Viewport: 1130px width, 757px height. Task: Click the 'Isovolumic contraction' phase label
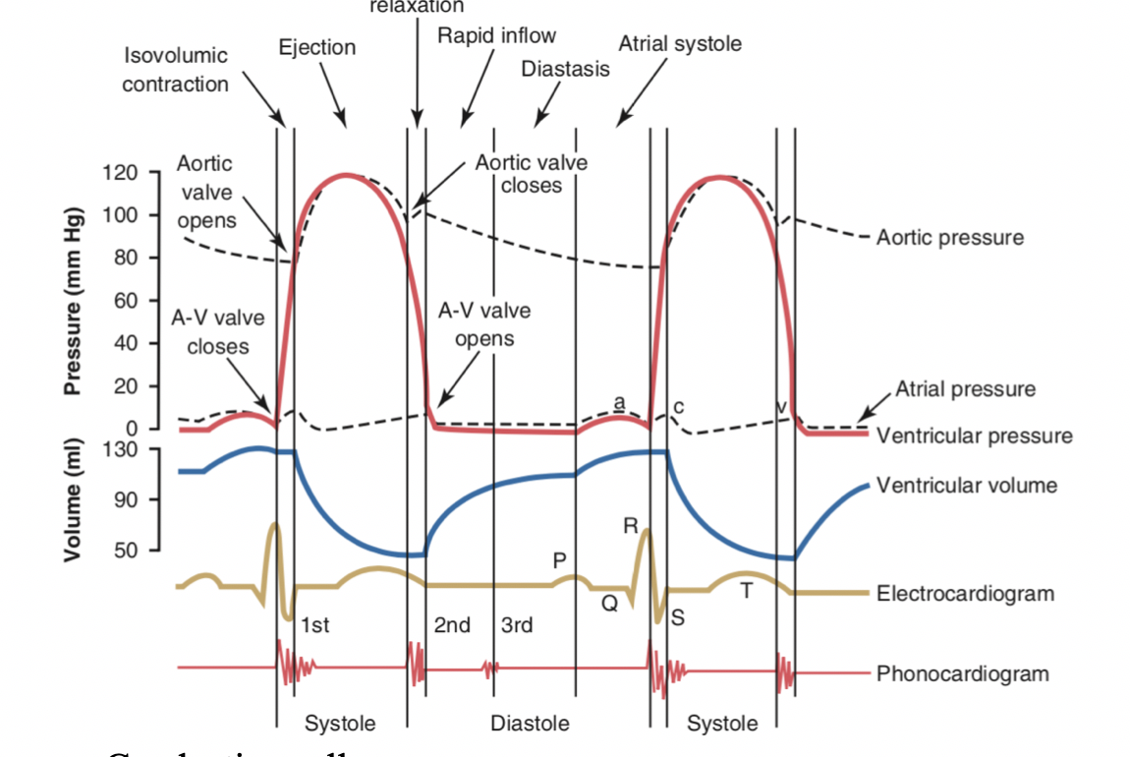tap(175, 69)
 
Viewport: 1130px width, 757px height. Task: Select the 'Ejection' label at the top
tap(316, 47)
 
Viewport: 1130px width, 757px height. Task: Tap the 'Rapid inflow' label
tap(496, 35)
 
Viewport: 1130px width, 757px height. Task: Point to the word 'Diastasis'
tap(565, 69)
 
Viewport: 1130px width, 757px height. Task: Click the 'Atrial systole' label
tap(680, 44)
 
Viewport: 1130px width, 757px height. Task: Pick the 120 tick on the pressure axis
tap(122, 174)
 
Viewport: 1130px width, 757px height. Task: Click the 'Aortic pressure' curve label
tap(949, 237)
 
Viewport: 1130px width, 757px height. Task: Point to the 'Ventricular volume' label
tap(967, 485)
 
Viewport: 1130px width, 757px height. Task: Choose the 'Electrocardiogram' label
tap(965, 593)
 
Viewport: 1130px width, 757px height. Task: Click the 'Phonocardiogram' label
tap(962, 673)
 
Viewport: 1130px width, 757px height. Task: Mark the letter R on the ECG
tap(630, 526)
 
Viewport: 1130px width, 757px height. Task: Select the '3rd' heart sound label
tap(517, 624)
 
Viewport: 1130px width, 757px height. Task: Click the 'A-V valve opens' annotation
tap(483, 324)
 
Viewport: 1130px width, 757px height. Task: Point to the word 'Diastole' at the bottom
tap(530, 724)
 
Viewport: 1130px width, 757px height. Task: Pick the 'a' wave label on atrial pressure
tap(618, 401)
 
